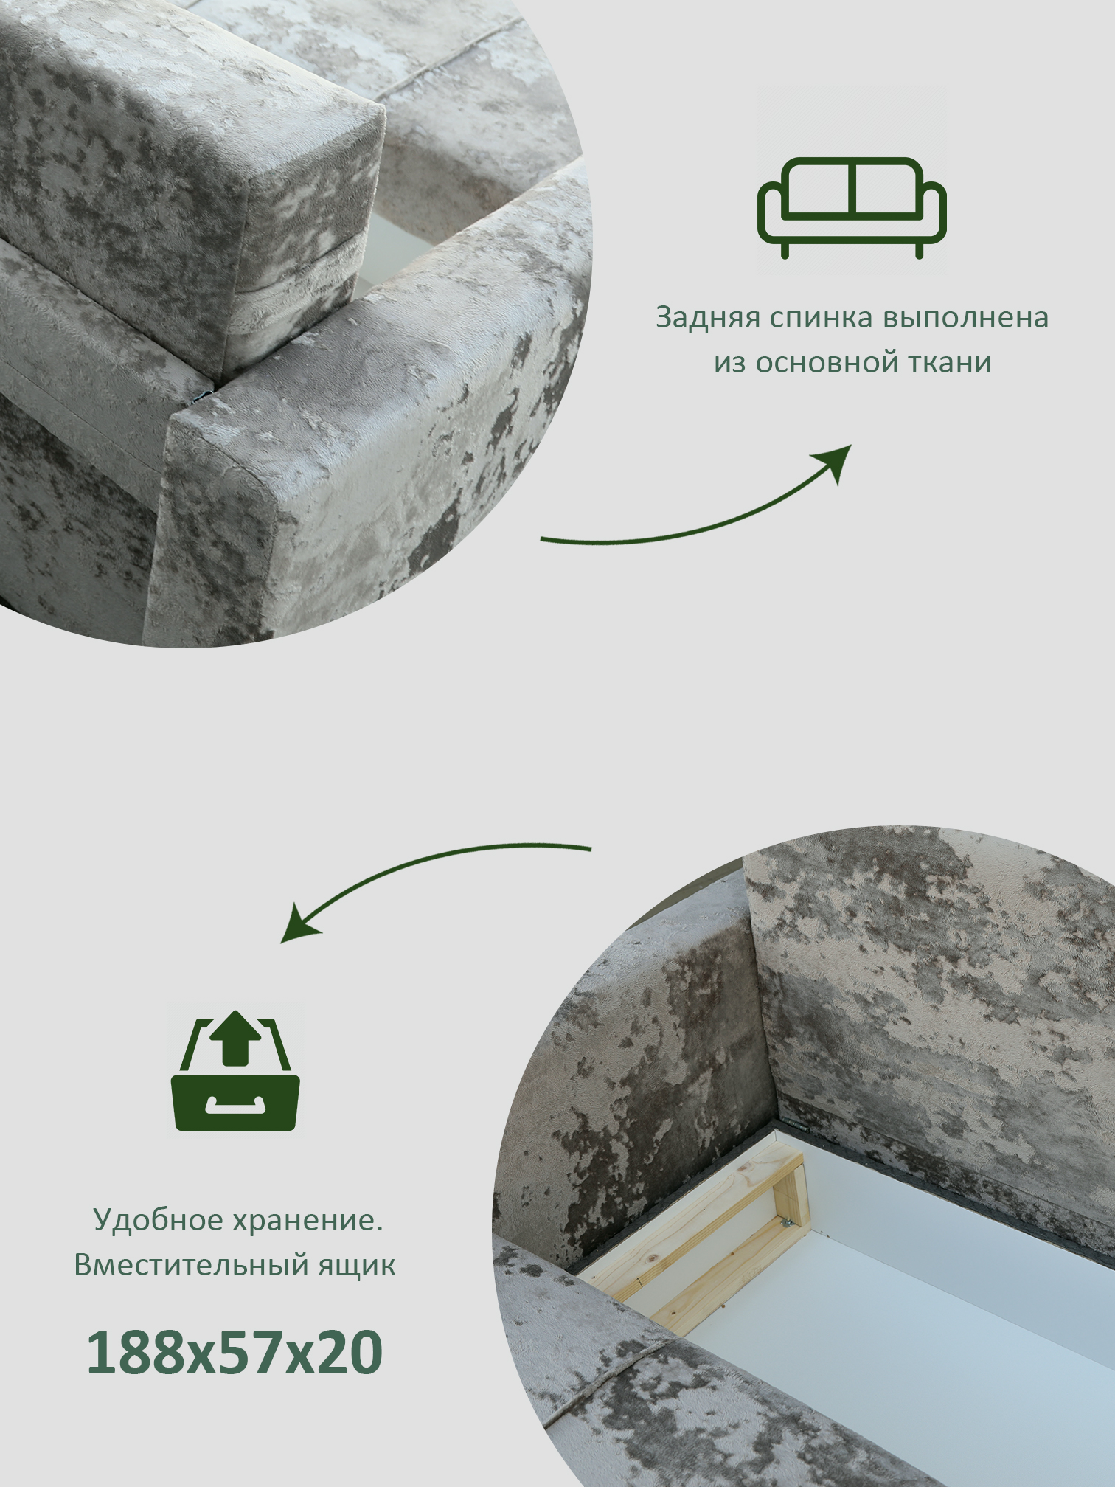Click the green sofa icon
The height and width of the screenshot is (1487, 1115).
[852, 208]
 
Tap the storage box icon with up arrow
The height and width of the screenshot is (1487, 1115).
[235, 1070]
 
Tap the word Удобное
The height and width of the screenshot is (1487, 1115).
[158, 1220]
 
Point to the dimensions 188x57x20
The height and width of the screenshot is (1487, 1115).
[235, 1352]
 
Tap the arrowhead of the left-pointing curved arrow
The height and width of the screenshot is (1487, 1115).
[298, 925]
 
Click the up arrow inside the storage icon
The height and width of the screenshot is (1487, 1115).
[235, 1038]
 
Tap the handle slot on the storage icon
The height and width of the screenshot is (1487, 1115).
[235, 1104]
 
